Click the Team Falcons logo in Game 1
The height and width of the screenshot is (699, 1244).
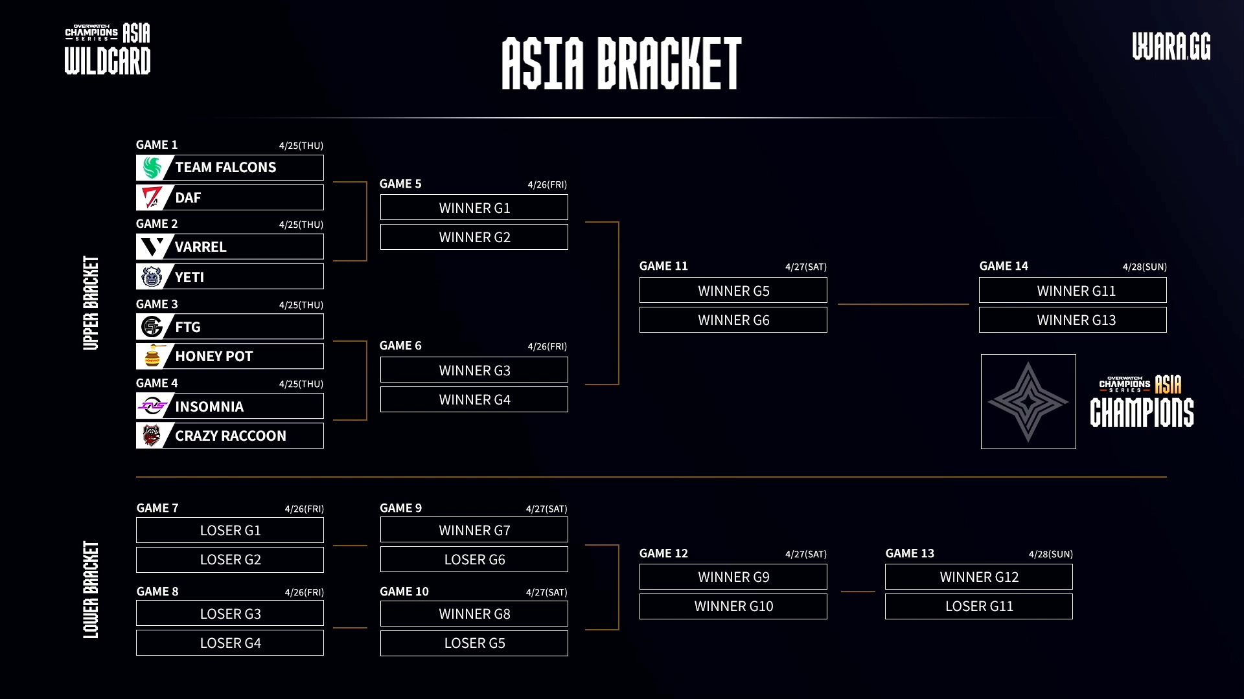click(152, 168)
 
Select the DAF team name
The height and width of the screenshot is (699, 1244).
click(188, 198)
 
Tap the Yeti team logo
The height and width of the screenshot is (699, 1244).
click(152, 277)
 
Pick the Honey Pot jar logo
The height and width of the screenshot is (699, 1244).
click(152, 357)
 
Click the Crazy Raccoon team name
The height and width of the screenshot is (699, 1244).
click(230, 436)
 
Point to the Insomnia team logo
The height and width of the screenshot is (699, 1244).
click(152, 406)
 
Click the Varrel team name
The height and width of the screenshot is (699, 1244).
click(200, 247)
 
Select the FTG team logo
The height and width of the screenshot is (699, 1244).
click(152, 327)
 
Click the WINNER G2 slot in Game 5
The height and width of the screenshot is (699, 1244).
click(474, 238)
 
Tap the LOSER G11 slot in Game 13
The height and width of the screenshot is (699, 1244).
click(978, 606)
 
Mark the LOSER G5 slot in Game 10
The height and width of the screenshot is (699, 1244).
click(474, 643)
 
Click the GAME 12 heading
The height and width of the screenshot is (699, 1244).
click(663, 553)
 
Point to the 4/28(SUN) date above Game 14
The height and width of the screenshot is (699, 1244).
click(1144, 267)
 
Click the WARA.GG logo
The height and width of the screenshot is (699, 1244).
click(1171, 47)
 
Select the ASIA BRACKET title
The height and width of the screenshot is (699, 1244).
click(621, 63)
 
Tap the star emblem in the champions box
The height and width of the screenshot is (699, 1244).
click(1028, 402)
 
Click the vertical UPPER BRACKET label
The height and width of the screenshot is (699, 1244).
click(91, 303)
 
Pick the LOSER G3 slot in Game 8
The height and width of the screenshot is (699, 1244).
click(230, 614)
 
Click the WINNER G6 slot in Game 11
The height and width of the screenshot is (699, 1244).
click(733, 320)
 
